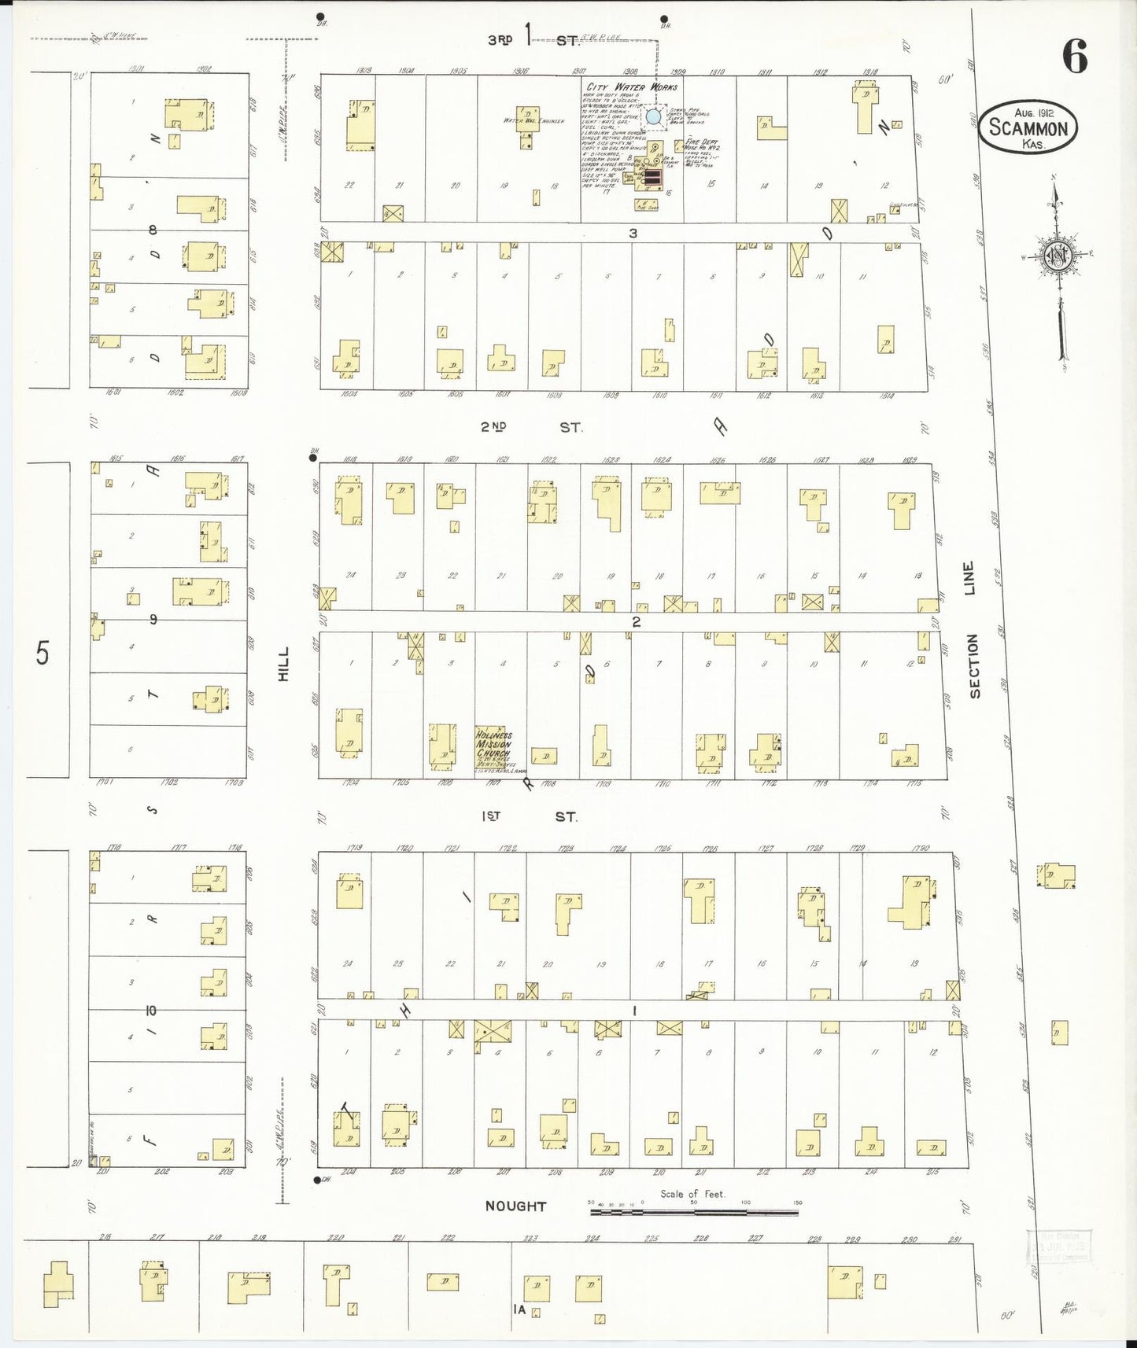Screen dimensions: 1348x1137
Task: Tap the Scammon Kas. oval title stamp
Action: [1028, 127]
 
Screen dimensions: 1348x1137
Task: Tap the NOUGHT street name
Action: [515, 1206]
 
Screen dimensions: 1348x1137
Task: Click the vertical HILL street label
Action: [284, 664]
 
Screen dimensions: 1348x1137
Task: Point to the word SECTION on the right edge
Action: [974, 666]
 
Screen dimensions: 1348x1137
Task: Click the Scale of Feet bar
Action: [694, 1212]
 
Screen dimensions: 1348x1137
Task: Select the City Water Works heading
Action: [632, 87]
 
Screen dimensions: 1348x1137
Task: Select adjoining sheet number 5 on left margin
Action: [42, 653]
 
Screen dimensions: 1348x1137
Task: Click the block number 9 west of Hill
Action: [153, 620]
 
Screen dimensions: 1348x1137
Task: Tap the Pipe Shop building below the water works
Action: [647, 205]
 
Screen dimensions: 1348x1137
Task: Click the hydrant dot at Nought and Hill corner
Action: [317, 1180]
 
